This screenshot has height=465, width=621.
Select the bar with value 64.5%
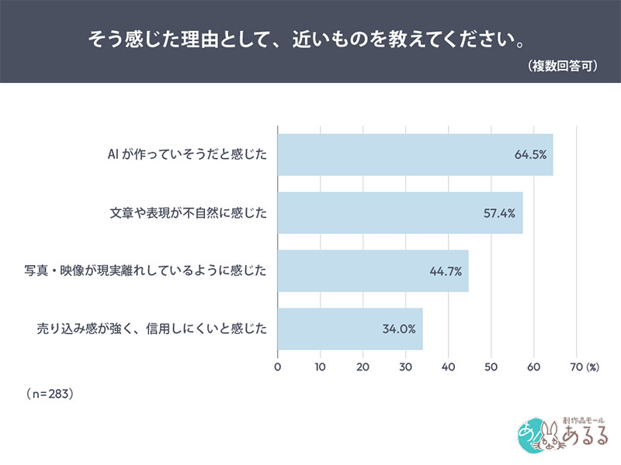(x=415, y=154)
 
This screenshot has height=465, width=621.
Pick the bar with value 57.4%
(x=400, y=212)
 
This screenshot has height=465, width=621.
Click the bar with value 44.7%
(x=373, y=270)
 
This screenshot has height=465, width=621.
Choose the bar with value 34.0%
(x=350, y=329)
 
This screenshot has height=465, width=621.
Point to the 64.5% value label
(x=530, y=155)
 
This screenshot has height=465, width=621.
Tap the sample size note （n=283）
(x=50, y=394)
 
